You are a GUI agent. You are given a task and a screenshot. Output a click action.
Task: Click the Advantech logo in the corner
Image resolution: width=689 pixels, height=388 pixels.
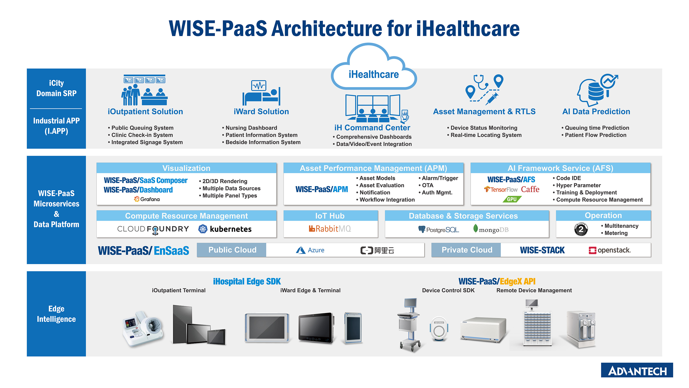(637, 370)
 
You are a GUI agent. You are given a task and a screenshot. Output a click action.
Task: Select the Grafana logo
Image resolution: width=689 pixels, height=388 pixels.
(147, 199)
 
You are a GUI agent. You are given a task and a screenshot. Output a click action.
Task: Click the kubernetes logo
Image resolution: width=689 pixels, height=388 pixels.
(225, 229)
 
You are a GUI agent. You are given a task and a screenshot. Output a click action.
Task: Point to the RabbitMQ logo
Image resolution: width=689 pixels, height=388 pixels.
(330, 229)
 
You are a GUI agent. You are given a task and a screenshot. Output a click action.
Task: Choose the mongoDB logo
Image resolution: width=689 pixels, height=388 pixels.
(491, 229)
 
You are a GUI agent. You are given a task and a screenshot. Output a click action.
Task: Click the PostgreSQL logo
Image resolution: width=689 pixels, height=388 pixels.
(439, 229)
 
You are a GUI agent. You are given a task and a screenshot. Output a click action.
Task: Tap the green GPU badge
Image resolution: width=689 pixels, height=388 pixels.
(512, 199)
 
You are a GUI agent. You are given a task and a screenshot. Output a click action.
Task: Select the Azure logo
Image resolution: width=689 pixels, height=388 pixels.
(310, 250)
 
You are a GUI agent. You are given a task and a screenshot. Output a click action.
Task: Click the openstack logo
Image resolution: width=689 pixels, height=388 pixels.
(610, 250)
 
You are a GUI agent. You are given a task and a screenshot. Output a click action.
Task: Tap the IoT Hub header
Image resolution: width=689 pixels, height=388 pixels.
(330, 216)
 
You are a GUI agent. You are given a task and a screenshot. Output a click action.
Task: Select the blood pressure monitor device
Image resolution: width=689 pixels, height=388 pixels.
(143, 328)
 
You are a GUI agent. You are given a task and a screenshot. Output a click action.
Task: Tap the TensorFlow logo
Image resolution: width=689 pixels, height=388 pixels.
(501, 189)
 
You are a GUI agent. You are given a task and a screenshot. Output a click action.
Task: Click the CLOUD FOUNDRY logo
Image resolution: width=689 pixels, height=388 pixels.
(153, 229)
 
